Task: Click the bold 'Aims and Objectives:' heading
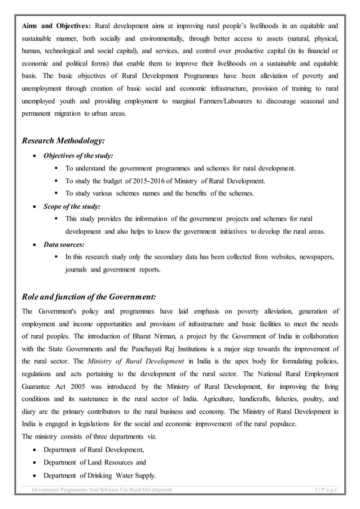[x=56, y=26]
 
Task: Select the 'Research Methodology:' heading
[x=63, y=141]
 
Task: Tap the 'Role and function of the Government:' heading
[x=88, y=296]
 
